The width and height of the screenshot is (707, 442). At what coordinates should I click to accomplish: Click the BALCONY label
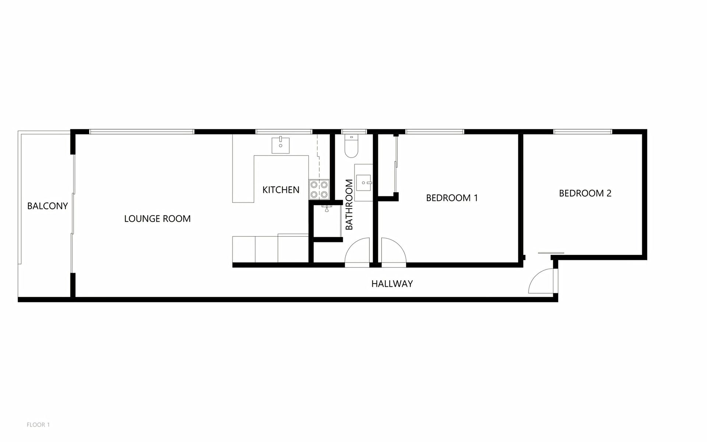pos(48,206)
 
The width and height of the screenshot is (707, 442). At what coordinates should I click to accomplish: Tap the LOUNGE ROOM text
pos(157,219)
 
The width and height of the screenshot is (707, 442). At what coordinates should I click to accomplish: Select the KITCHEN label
pos(281,190)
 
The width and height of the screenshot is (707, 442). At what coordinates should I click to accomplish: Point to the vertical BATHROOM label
pos(349,204)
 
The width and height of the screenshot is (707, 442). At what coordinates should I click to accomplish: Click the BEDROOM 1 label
pos(452,198)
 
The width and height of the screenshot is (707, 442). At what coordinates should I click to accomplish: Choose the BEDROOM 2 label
pos(585,193)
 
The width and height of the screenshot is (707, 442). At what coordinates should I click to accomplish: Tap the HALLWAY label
pos(392,284)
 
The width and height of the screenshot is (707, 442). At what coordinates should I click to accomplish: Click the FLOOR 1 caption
pos(38,425)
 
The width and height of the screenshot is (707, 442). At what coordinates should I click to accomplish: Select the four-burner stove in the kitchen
pos(319,189)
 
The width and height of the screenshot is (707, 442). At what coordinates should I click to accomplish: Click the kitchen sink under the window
pos(281,145)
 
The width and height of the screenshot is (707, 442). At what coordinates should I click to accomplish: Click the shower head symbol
pos(327,208)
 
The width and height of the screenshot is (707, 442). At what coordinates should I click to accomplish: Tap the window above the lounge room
pos(142,131)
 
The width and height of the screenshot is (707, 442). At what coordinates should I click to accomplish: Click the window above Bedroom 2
pos(583,131)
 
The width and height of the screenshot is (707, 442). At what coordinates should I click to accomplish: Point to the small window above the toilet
pos(354,131)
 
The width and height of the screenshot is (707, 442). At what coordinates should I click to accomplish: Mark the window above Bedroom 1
pos(435,131)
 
